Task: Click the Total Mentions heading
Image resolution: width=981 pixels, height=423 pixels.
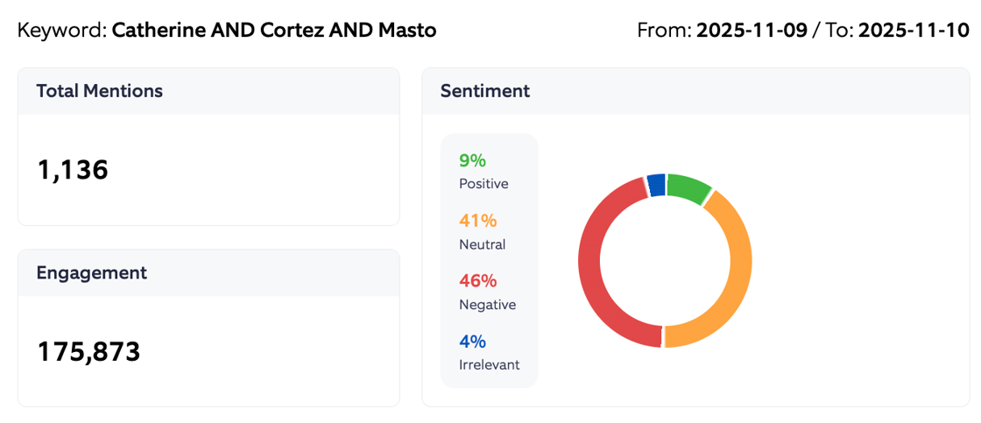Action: [x=99, y=91]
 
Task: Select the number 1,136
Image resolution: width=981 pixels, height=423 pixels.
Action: [x=73, y=170]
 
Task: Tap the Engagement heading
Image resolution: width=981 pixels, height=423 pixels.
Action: [x=91, y=272]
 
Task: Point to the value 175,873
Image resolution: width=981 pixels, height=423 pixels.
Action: [x=88, y=351]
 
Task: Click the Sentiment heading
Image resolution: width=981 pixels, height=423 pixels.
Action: [x=484, y=91]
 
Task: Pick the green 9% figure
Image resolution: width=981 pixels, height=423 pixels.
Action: [x=472, y=160]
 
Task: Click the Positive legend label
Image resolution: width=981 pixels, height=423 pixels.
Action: [x=483, y=184]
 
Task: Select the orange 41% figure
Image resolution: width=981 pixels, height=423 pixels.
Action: [x=477, y=221]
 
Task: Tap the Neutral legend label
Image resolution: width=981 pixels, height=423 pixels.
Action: [x=482, y=244]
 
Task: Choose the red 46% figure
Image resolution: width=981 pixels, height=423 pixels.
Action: [x=477, y=281]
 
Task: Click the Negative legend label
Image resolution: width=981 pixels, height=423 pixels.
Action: [x=487, y=305]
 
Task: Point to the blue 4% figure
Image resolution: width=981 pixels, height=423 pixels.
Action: [x=472, y=342]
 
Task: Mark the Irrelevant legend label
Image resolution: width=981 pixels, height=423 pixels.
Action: [x=489, y=364]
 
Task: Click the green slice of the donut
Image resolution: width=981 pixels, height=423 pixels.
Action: [x=688, y=187]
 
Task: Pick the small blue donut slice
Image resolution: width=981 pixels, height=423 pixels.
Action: [x=656, y=185]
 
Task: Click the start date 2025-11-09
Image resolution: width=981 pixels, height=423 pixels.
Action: [x=752, y=31]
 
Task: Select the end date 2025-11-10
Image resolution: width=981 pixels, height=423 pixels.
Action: [x=914, y=31]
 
